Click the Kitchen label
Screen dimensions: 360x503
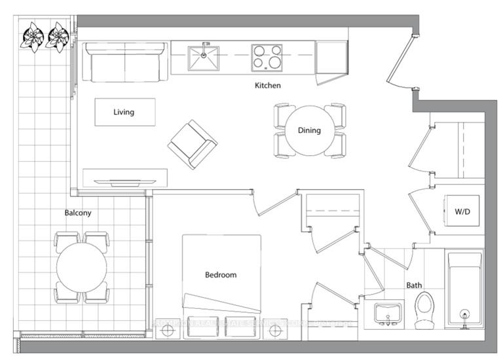(268, 86)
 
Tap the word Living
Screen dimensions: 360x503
(124, 112)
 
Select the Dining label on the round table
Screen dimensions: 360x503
(309, 130)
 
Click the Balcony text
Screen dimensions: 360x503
(78, 213)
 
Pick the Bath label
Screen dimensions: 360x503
(414, 285)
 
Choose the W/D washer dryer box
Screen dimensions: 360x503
(462, 212)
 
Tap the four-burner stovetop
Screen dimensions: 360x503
(267, 58)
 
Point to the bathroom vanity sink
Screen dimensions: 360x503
(387, 314)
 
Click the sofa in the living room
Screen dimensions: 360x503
(124, 62)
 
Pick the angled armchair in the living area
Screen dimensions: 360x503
(192, 144)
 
